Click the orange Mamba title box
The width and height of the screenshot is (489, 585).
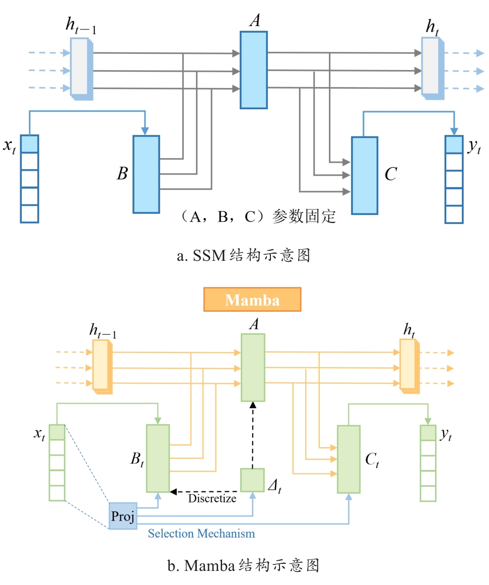point(252,300)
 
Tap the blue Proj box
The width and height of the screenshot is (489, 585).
point(123,516)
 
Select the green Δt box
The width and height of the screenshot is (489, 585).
point(252,480)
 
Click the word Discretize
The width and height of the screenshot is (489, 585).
point(212,499)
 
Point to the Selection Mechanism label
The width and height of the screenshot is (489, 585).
point(201,533)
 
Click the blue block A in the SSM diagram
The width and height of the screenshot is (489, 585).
point(253,69)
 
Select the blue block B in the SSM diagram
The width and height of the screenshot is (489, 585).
point(146,174)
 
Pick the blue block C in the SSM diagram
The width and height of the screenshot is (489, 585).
point(364,175)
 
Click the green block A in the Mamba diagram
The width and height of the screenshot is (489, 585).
point(252,367)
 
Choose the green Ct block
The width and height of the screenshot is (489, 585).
point(348,459)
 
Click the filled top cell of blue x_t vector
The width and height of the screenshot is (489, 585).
point(29,143)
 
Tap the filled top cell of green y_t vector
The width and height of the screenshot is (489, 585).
point(428,433)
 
